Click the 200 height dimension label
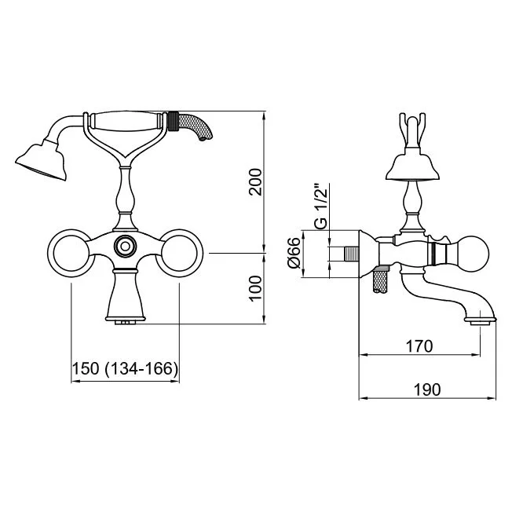(255, 182)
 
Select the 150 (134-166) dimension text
(125, 369)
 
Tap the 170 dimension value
(419, 346)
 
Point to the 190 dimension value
(427, 389)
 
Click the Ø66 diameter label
(294, 253)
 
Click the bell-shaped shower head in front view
(42, 160)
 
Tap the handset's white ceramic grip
(125, 122)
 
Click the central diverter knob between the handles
(125, 246)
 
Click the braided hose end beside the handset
(189, 126)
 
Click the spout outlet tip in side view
(480, 320)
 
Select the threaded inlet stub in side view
(351, 254)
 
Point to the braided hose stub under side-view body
(381, 280)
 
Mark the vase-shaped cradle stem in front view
(125, 199)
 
